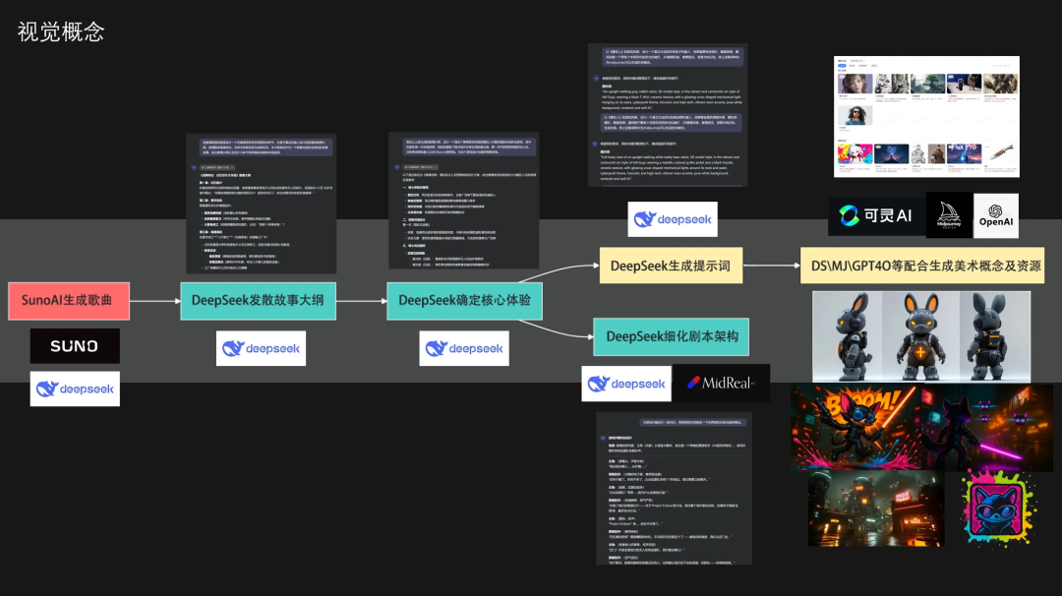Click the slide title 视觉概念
click(61, 31)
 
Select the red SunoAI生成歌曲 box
click(68, 300)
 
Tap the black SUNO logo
click(75, 346)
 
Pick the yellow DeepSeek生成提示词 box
click(671, 266)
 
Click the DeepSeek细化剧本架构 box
click(671, 337)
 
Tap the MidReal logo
click(721, 383)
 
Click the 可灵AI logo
click(876, 214)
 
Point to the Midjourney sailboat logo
click(949, 214)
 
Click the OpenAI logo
click(995, 214)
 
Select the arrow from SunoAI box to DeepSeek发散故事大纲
click(154, 300)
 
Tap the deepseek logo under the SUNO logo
click(75, 388)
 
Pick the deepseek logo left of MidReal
click(625, 383)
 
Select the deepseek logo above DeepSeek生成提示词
click(672, 219)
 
